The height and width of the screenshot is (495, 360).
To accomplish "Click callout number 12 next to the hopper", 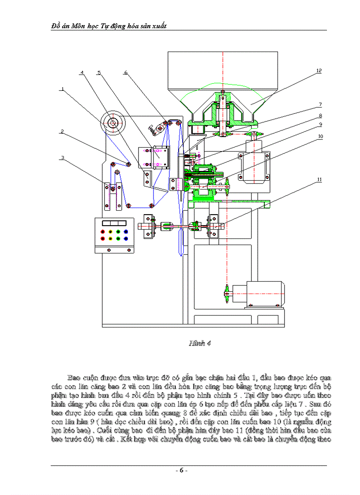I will pyautogui.click(x=319, y=70).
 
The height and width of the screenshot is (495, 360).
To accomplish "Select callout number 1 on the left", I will pyautogui.click(x=63, y=89).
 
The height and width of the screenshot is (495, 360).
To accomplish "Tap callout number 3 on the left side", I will pyautogui.click(x=63, y=157).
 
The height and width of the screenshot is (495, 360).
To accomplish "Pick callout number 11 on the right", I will pyautogui.click(x=319, y=179).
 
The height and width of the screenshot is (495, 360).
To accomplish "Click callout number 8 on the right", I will pyautogui.click(x=321, y=116).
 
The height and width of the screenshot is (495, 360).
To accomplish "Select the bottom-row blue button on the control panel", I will pyautogui.click(x=126, y=238).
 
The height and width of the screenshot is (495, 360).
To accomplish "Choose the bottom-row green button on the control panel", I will pyautogui.click(x=118, y=238).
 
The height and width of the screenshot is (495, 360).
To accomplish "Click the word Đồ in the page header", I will pyautogui.click(x=56, y=26).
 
